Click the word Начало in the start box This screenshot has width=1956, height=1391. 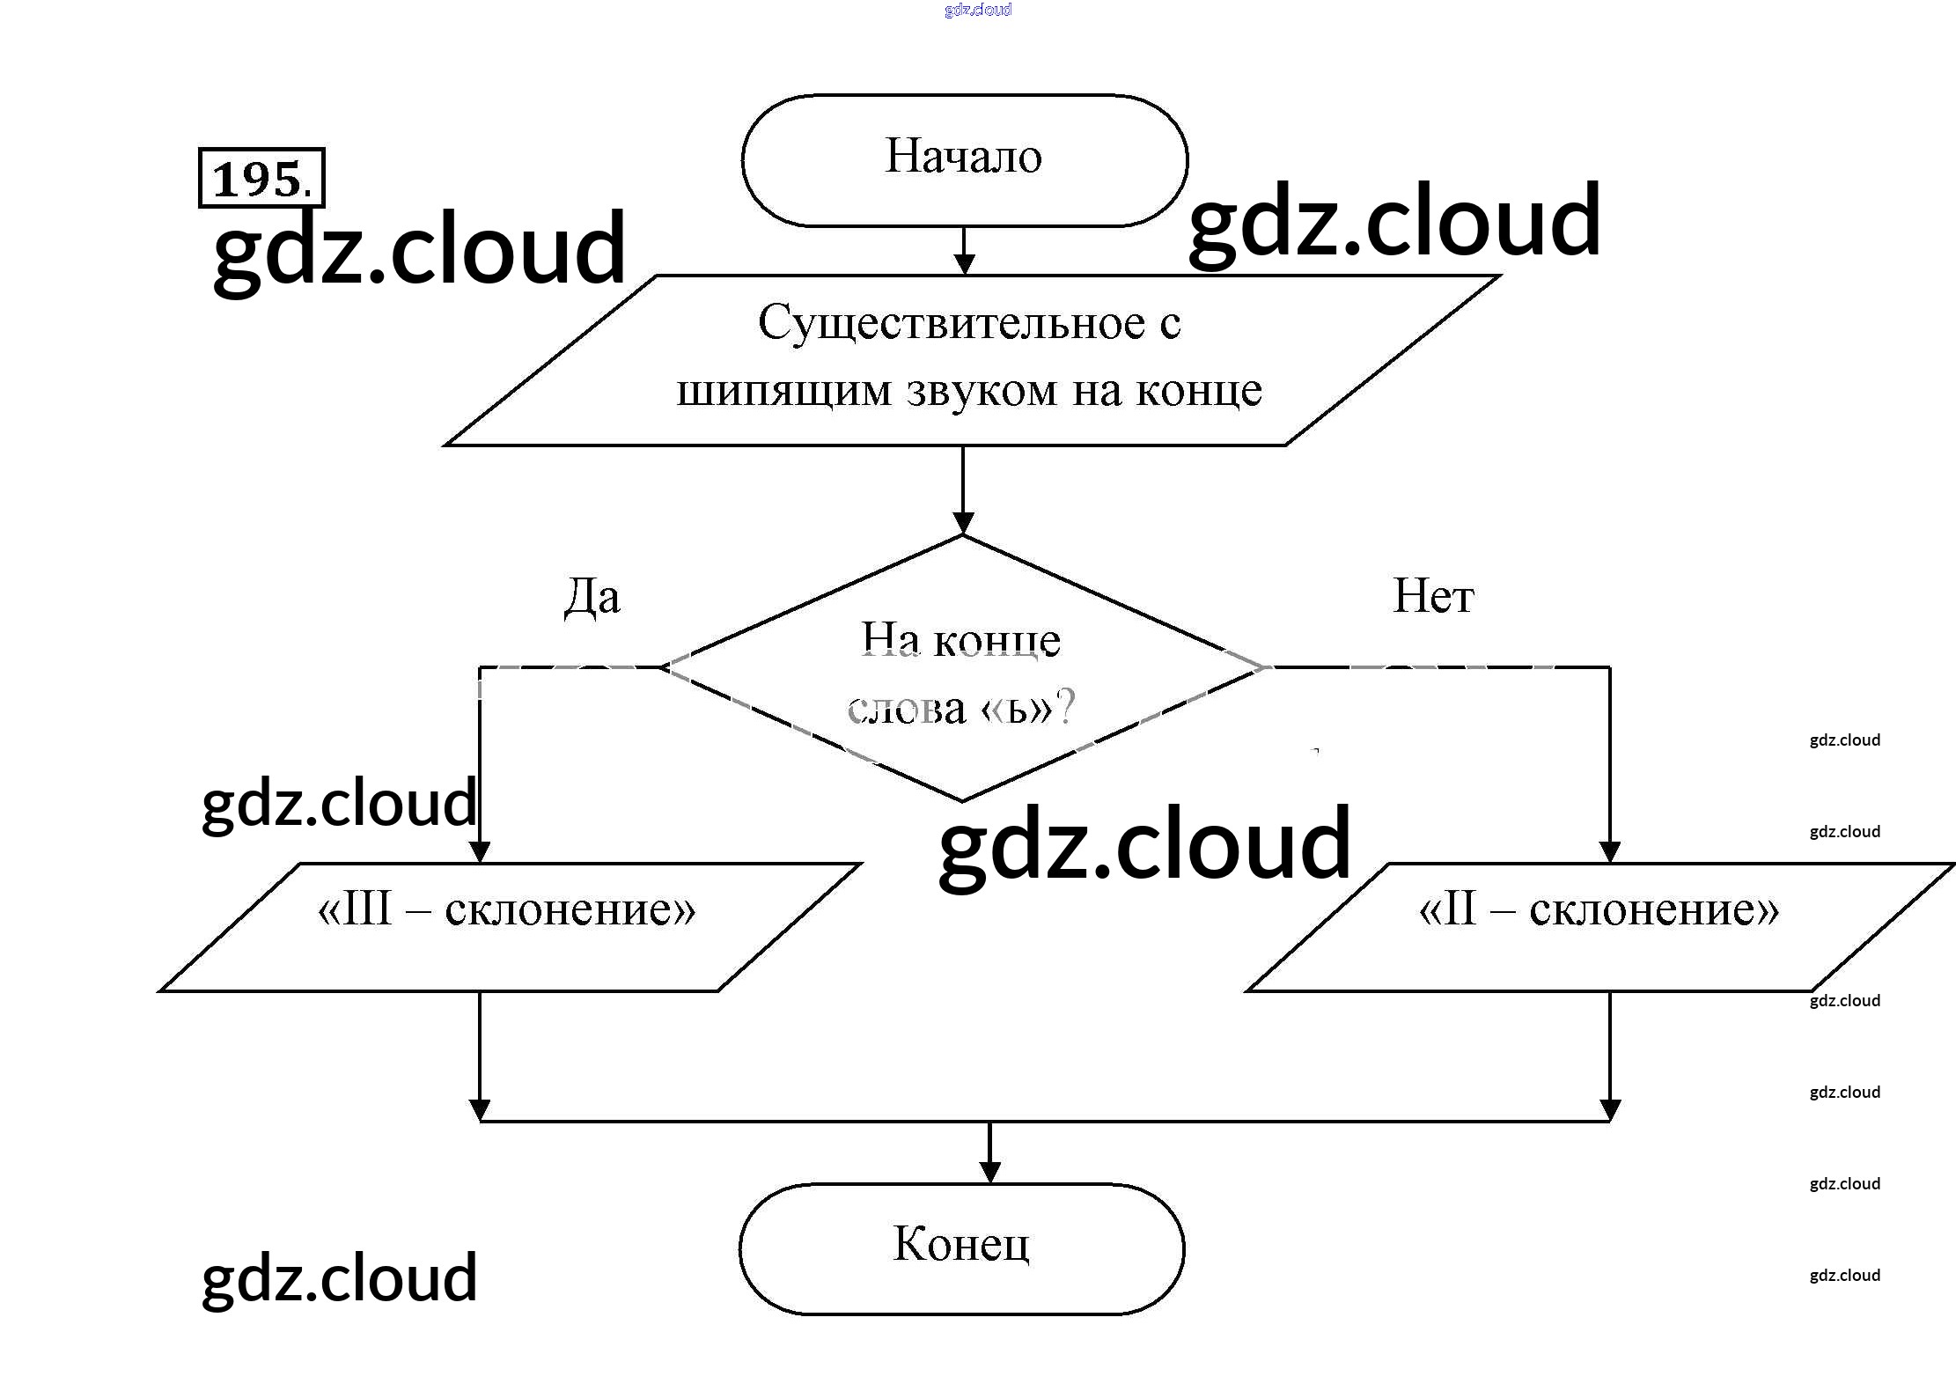(963, 158)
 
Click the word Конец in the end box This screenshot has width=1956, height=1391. (960, 1244)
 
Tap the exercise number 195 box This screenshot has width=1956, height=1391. (261, 179)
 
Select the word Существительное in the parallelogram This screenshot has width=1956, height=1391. (951, 323)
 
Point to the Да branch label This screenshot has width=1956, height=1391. (592, 598)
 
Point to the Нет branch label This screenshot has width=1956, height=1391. (1433, 596)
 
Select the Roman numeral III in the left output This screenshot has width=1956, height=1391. (366, 909)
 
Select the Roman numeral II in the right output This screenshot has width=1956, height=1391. (1460, 909)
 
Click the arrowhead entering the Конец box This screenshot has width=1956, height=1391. (989, 1172)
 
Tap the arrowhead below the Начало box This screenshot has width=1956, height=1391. (964, 263)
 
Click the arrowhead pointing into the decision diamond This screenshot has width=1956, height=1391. (963, 522)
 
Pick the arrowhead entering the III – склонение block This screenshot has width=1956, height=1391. (480, 851)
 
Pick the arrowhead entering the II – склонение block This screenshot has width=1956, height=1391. (1609, 851)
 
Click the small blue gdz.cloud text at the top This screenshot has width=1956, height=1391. (977, 10)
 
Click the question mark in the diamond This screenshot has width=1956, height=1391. (1066, 706)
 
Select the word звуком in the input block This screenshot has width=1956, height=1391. (982, 390)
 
